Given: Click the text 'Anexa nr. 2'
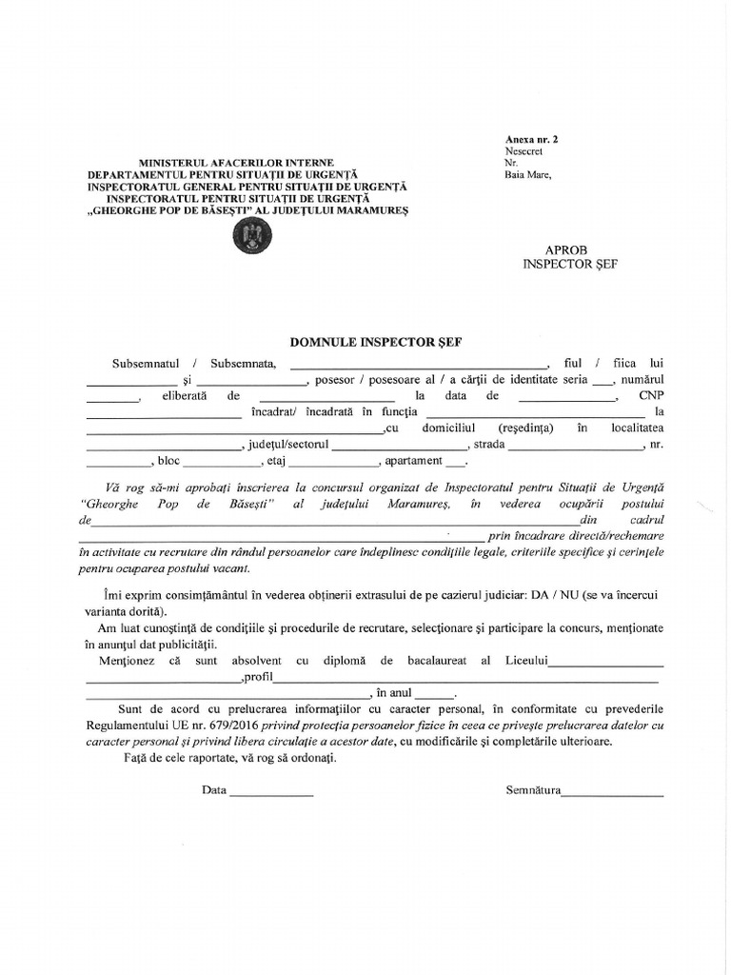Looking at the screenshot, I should [x=531, y=139].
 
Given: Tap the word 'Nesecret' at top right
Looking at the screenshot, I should [x=523, y=150].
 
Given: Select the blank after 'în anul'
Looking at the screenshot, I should [x=434, y=695].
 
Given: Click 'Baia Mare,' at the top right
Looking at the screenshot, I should [x=527, y=174].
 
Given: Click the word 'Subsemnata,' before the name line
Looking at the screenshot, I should [x=244, y=362].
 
